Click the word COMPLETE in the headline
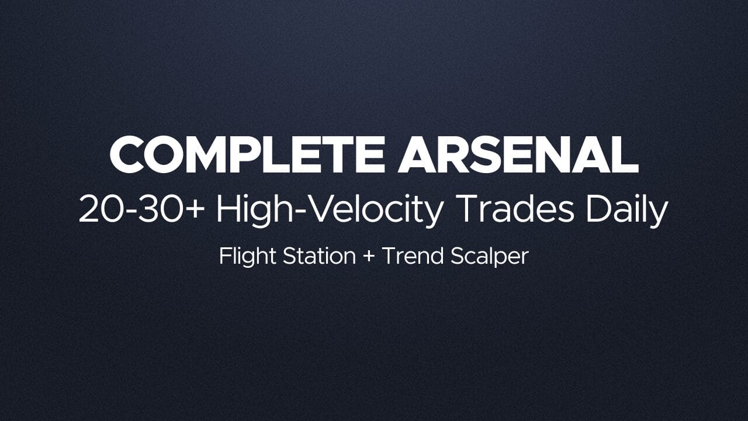coord(247,155)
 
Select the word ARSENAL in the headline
coord(518,155)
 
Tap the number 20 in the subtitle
coord(100,209)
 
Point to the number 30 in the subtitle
coord(160,209)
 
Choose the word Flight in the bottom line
coord(247,257)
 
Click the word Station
coord(320,256)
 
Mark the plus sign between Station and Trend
coord(369,257)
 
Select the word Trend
coord(413,256)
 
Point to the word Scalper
coord(490,257)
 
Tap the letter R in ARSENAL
coord(457,155)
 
